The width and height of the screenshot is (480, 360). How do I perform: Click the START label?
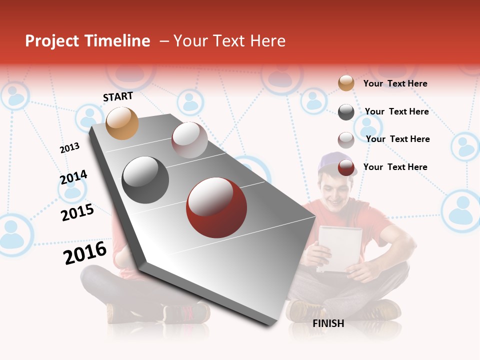click(118, 96)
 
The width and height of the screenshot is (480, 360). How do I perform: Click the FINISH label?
click(328, 323)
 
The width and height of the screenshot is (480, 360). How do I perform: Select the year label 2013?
click(69, 148)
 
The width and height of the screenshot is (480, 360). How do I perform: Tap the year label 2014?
click(73, 177)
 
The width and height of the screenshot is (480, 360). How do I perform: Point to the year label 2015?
click(77, 212)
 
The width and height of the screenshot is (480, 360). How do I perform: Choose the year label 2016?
click(85, 253)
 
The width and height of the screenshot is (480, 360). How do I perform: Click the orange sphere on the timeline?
click(122, 123)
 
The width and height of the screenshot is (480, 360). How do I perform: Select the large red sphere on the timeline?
click(216, 207)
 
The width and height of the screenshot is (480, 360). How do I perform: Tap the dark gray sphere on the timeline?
click(145, 180)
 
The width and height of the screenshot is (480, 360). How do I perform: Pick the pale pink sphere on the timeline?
click(189, 140)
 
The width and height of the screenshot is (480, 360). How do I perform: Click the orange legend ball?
click(346, 83)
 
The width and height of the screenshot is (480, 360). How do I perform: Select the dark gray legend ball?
click(346, 112)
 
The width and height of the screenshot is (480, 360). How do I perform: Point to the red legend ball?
click(346, 168)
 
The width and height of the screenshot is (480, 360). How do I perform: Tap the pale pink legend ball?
click(346, 140)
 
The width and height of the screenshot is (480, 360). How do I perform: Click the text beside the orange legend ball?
click(395, 83)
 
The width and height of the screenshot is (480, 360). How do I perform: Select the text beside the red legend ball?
click(395, 167)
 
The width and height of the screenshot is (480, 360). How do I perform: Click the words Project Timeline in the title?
click(87, 41)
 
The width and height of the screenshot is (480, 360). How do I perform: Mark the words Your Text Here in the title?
click(229, 41)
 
